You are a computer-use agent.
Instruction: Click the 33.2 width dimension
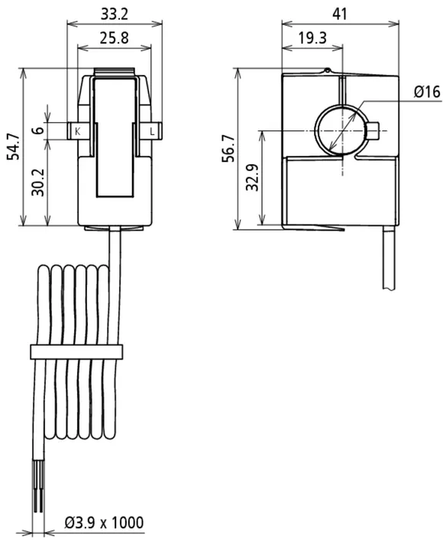pos(115,15)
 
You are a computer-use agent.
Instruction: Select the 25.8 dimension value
pos(115,37)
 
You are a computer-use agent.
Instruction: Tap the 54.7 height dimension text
pos(15,147)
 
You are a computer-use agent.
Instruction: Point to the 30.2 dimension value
pos(37,182)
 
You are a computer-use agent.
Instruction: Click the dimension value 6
pos(39,130)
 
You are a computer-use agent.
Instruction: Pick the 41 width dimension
pos(340,15)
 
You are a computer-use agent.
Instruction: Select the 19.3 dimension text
pos(312,37)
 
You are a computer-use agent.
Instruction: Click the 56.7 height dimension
pos(228,149)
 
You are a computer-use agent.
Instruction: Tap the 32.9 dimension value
pos(252,177)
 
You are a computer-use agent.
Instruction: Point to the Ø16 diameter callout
pos(428,92)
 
